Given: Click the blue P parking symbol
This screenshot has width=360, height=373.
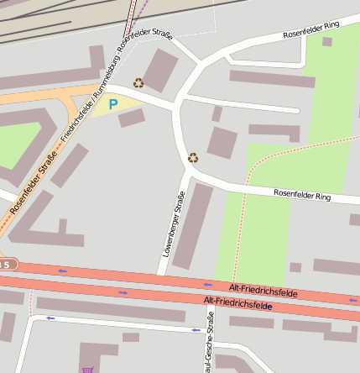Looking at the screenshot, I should tap(112, 105).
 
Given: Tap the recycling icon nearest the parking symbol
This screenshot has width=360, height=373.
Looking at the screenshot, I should tap(138, 82).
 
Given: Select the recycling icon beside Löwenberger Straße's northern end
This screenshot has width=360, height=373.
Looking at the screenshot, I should tap(193, 156).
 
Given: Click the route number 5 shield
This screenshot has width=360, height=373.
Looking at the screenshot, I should tap(6, 265).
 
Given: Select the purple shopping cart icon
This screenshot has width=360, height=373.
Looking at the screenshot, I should tap(86, 369).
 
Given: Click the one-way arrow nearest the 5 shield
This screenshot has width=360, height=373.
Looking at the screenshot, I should tap(62, 271).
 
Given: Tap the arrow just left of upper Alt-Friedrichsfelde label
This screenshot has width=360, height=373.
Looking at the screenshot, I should tap(207, 284).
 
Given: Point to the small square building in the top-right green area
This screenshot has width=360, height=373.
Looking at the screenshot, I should tap(326, 41).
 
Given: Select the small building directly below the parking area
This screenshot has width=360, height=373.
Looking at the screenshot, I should tap(131, 118).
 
